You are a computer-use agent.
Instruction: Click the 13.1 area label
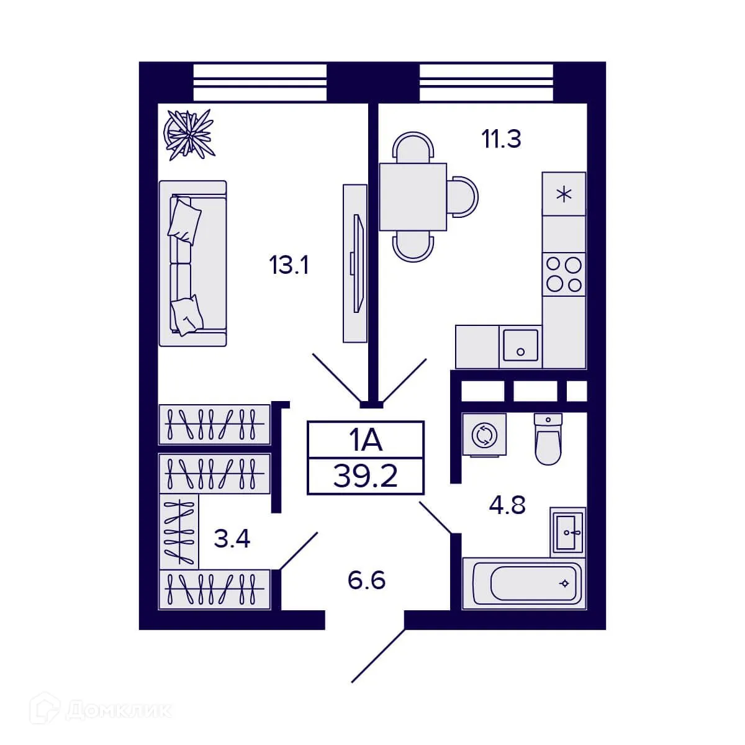tap(289, 266)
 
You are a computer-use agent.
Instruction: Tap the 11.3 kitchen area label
tap(502, 139)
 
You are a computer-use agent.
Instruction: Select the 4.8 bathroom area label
tap(507, 505)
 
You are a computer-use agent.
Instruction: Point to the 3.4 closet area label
tap(232, 538)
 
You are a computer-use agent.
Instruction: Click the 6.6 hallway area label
tap(366, 580)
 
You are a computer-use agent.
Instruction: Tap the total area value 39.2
tap(366, 476)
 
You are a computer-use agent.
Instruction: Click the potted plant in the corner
tap(188, 133)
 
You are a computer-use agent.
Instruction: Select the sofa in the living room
tap(192, 263)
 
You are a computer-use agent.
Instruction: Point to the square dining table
tap(413, 197)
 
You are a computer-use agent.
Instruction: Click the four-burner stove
tap(564, 274)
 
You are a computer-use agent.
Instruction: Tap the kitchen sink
tap(520, 345)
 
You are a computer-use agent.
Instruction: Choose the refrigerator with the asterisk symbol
tap(564, 194)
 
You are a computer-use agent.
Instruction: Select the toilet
tap(548, 438)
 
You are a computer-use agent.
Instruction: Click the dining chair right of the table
tap(463, 197)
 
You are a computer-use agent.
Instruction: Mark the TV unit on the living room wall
tap(355, 263)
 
